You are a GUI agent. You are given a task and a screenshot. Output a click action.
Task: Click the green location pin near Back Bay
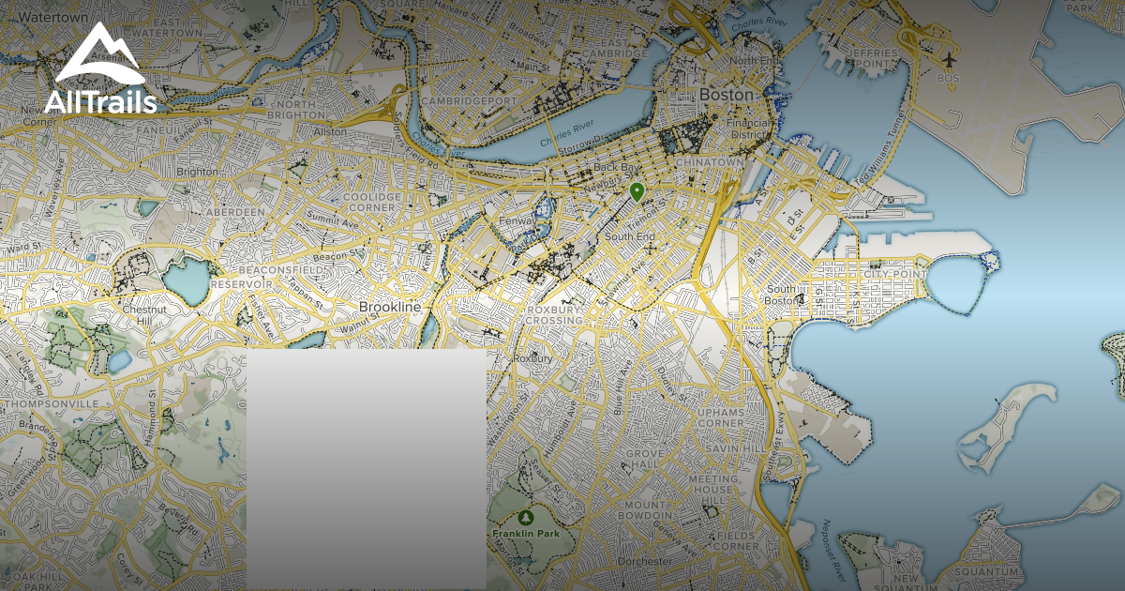(637, 192)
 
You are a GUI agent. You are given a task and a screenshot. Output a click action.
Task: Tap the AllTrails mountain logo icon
(98, 56)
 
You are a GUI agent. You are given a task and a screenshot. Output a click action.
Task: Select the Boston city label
(727, 95)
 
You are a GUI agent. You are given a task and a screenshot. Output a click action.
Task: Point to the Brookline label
(390, 307)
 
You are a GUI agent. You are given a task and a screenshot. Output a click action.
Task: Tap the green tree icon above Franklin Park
(526, 517)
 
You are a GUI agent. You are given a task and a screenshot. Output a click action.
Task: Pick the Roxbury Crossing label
(554, 315)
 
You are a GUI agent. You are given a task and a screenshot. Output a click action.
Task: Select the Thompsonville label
(52, 403)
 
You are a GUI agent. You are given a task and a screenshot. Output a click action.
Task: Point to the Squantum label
(984, 571)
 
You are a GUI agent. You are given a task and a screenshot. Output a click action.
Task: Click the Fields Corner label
(734, 540)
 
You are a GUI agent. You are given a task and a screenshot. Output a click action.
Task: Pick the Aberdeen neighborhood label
(235, 213)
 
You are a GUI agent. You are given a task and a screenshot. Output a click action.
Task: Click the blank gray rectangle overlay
(366, 469)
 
